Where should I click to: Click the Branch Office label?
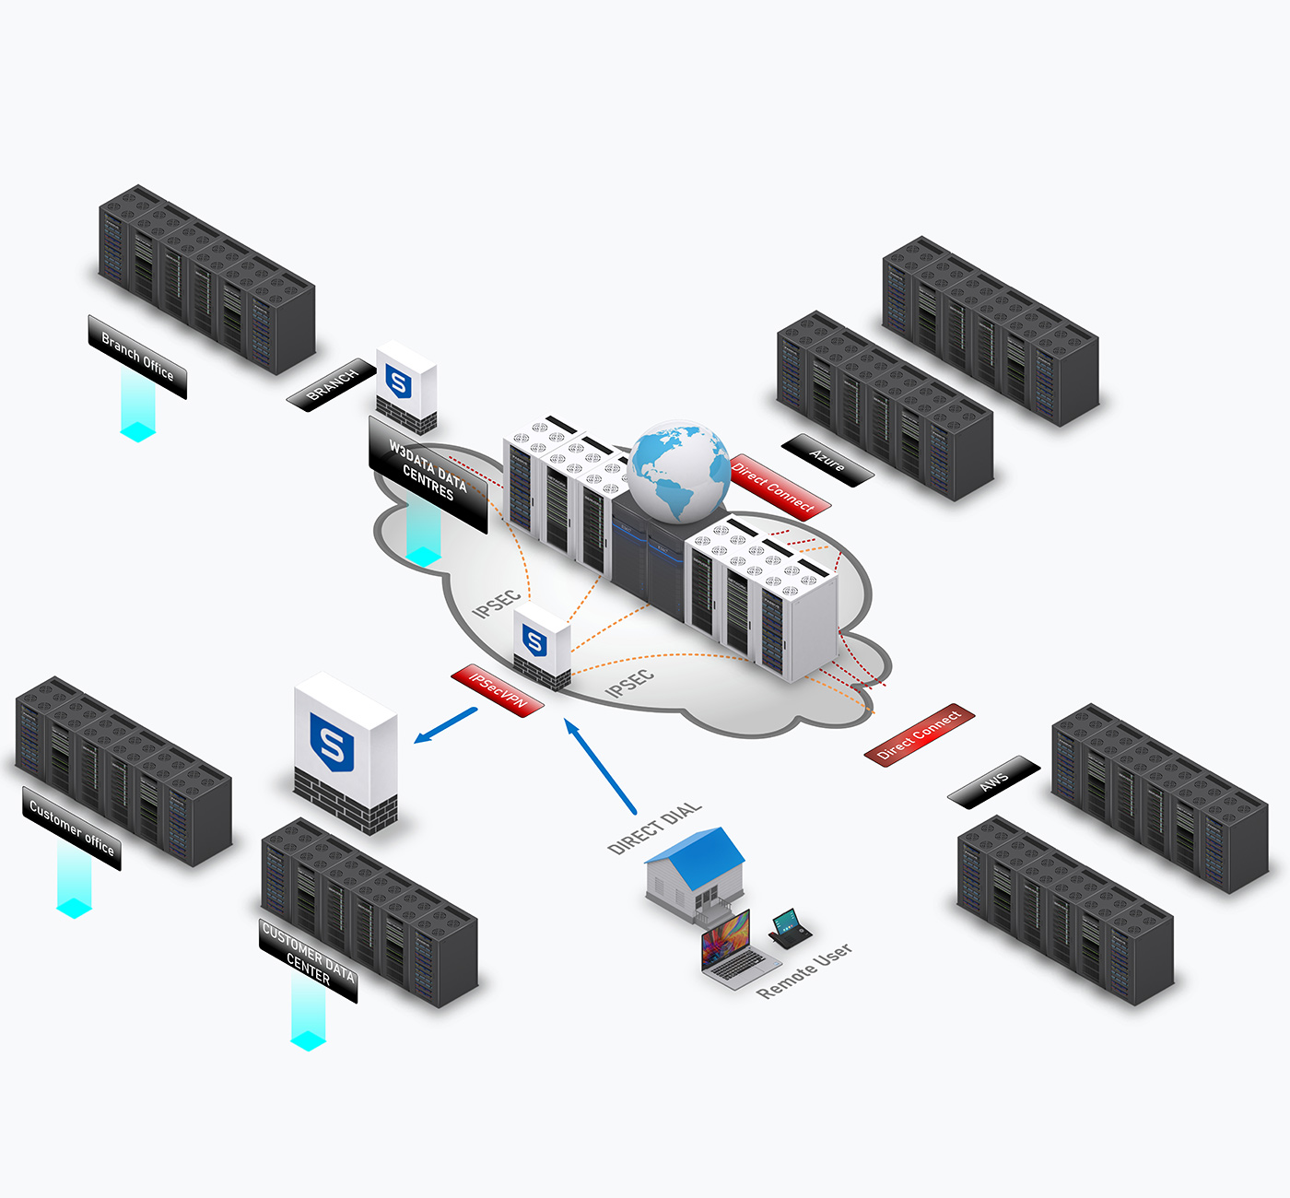[137, 357]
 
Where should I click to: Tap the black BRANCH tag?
[331, 384]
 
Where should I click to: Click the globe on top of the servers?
[679, 471]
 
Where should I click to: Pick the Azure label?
[827, 460]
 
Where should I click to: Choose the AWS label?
[993, 782]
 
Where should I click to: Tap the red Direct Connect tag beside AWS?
[919, 734]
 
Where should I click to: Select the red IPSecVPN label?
[498, 690]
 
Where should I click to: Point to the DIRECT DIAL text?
[655, 827]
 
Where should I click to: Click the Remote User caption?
[803, 970]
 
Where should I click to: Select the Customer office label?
[72, 828]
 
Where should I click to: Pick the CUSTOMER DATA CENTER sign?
[308, 959]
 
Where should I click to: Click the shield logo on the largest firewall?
[332, 743]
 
